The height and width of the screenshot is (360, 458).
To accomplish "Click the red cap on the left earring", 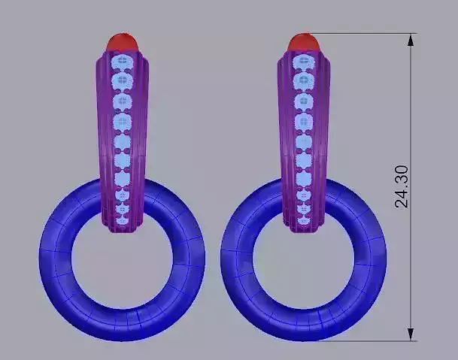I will point(123,41).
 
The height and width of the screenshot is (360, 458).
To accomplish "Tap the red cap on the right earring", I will point(303,41).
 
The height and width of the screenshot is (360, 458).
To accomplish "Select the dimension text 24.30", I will point(403,186).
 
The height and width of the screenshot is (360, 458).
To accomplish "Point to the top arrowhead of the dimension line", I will point(410,39).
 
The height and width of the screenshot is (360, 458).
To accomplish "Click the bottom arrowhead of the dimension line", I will point(410,334).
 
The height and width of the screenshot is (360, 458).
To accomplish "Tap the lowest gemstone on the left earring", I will point(122,219).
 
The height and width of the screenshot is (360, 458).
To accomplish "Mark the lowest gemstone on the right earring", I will point(304,219).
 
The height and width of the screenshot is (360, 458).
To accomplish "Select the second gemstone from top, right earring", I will point(304,80).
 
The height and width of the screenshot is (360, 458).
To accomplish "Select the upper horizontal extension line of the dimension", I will point(361,33).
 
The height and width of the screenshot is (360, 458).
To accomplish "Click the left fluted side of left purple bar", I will point(102,135).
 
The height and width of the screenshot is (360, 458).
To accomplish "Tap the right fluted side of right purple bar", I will point(325,135).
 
